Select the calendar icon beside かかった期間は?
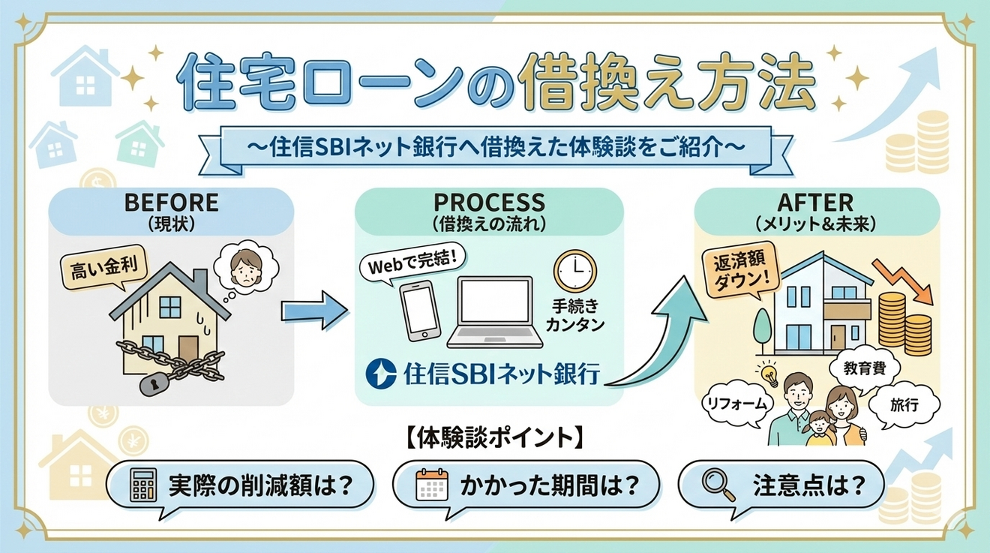[x=430, y=485]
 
